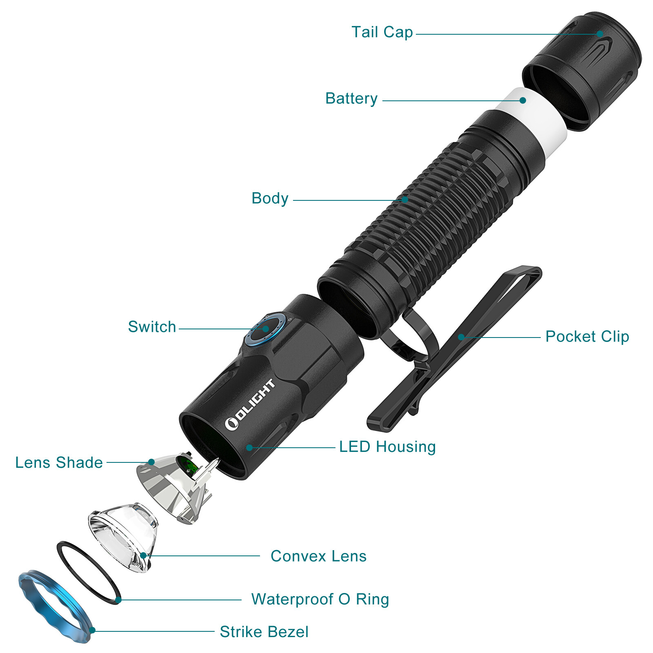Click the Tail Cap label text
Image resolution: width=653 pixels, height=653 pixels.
(382, 32)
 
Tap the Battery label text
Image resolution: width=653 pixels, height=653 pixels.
(351, 99)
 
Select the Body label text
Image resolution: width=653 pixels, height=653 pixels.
(270, 199)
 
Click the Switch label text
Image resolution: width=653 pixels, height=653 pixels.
(152, 327)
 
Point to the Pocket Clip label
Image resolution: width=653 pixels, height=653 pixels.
(587, 337)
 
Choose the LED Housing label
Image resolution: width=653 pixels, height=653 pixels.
(387, 447)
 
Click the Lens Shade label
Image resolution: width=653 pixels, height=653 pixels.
(59, 463)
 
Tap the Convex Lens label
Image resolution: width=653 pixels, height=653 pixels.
(318, 556)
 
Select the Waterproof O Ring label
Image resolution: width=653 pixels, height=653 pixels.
(320, 600)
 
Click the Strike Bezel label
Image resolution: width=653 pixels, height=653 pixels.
(264, 632)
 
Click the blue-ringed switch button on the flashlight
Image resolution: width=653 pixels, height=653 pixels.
(265, 329)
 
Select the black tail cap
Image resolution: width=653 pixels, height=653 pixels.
(584, 69)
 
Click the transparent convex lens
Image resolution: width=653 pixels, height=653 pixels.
(122, 535)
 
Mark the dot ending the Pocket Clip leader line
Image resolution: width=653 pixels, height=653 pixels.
(461, 337)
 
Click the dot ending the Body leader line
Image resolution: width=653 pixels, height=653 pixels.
(404, 200)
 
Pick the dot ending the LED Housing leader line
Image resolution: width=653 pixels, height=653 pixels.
(249, 448)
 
